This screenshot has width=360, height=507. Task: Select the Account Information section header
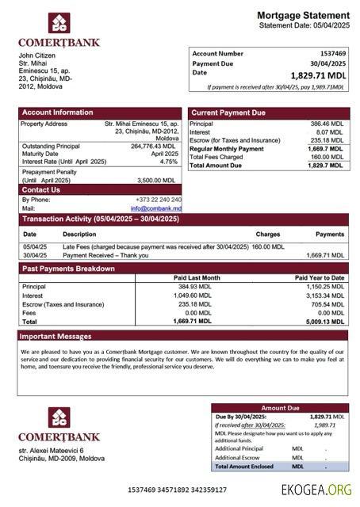pos(52,112)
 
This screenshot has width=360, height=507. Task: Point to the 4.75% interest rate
pos(168,162)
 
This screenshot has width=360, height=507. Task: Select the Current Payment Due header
pos(228,112)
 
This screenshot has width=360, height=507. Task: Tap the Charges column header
pos(268,234)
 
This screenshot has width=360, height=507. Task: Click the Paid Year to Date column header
pos(319,278)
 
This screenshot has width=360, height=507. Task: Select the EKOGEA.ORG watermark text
pos(316,490)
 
